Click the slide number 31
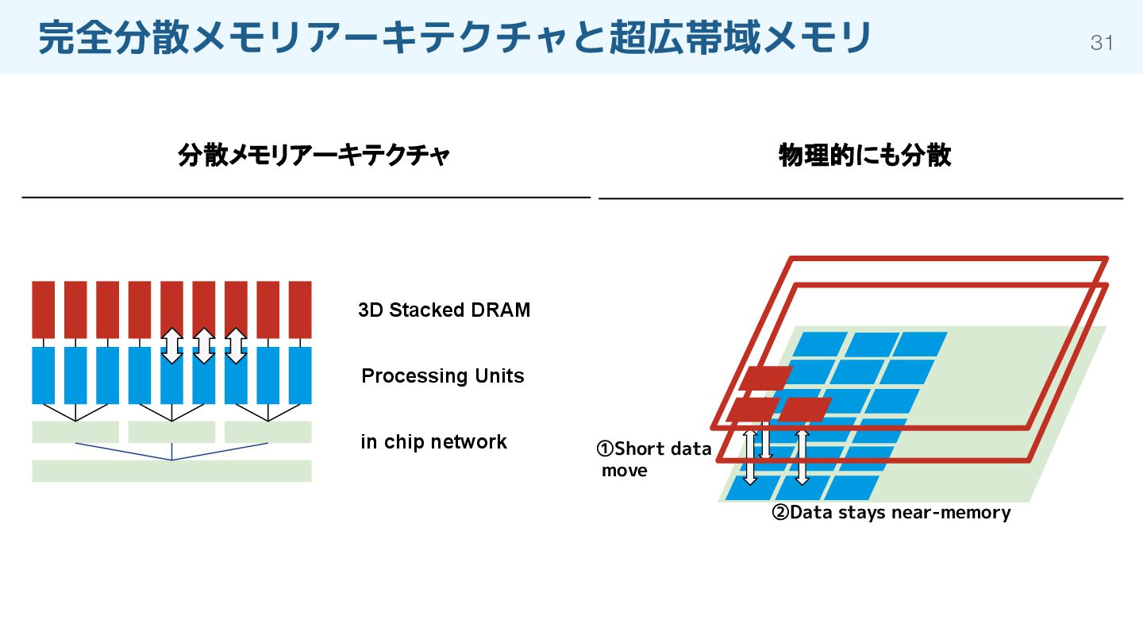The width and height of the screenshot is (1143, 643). coord(1102,43)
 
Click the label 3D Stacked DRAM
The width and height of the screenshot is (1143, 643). coord(444,310)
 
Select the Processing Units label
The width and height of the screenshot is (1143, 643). coord(443,375)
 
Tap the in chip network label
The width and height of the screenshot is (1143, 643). coord(433,441)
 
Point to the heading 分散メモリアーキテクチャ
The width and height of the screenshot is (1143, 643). coord(314,156)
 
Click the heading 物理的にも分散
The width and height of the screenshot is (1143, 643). coord(864,156)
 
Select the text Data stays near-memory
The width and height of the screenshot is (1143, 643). coord(900,513)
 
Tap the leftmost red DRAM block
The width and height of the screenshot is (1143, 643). coord(44,309)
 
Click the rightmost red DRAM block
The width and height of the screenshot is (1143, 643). coord(300,309)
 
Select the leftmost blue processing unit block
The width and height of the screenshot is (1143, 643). coord(44,375)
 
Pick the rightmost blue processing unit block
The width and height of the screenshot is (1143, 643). coord(300,375)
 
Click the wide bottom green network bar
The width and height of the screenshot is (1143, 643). coord(171,471)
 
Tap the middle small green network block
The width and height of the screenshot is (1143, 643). coord(171,432)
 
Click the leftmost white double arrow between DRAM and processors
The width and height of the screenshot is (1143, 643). coord(171,346)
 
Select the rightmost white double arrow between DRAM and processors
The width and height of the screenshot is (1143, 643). coord(236,346)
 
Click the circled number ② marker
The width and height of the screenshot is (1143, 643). coord(780,513)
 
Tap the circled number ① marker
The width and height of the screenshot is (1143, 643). coord(605,449)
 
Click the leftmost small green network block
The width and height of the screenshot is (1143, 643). coord(75,432)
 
